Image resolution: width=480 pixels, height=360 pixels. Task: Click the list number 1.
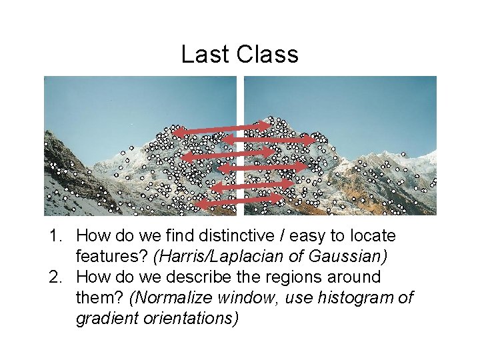pos(55,236)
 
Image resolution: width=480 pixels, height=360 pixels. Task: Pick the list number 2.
pos(55,277)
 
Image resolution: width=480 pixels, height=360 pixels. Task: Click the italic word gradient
pos(105,319)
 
